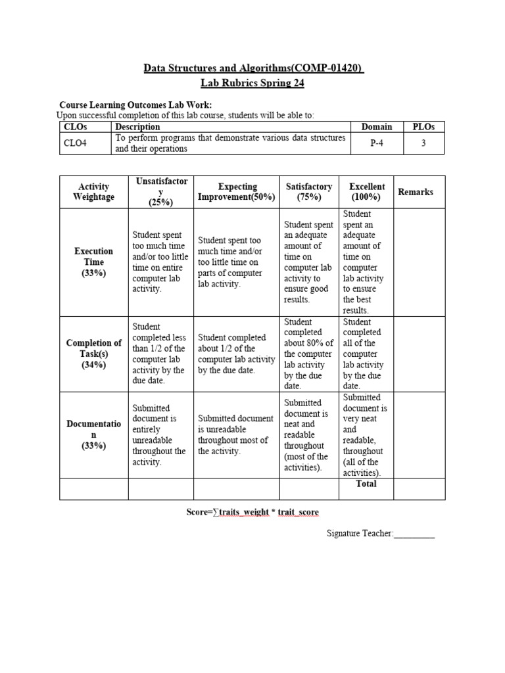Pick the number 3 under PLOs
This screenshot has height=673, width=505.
pyautogui.click(x=423, y=143)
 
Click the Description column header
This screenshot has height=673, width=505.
pyautogui.click(x=137, y=127)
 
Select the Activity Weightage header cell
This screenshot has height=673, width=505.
pyautogui.click(x=93, y=192)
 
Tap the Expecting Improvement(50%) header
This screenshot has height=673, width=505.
pyautogui.click(x=237, y=192)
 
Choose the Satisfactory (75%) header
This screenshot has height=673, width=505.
pyautogui.click(x=309, y=192)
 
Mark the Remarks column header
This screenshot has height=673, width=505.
pyautogui.click(x=416, y=192)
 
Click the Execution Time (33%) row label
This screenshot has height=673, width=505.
pyautogui.click(x=93, y=262)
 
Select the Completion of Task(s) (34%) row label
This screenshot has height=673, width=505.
pyautogui.click(x=93, y=354)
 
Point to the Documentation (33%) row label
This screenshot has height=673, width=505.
pyautogui.click(x=93, y=434)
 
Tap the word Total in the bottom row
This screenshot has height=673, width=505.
pyautogui.click(x=366, y=484)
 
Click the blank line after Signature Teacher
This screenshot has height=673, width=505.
pyautogui.click(x=414, y=534)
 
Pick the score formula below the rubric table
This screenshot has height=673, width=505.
pyautogui.click(x=252, y=512)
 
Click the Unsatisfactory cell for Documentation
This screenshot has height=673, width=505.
pyautogui.click(x=159, y=434)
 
